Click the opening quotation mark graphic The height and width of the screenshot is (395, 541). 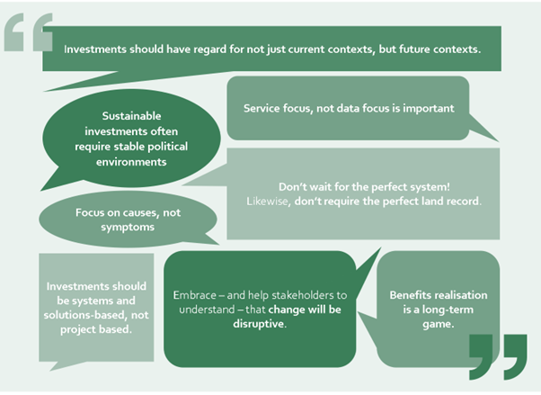28,32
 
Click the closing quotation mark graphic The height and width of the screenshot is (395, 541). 498,356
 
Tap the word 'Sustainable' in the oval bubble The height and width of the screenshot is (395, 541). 131,116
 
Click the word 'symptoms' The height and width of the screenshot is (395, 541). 128,228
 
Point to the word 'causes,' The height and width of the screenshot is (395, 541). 139,212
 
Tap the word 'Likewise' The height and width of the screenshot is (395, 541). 268,202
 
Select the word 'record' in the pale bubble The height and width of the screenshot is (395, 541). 464,202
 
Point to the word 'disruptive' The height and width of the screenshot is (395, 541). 259,324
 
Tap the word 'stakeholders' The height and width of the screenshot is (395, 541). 303,295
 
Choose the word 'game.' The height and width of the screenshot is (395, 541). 439,324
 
